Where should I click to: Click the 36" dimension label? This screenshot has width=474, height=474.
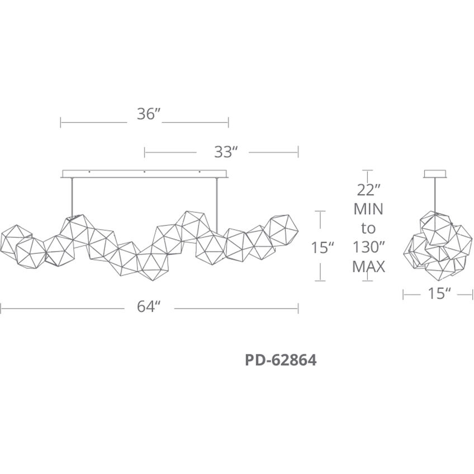point(149,114)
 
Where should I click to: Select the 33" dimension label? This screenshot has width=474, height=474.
point(226,151)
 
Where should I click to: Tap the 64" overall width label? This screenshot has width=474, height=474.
point(149,307)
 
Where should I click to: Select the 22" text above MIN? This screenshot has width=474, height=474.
point(368,190)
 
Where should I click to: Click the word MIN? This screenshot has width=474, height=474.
point(368,209)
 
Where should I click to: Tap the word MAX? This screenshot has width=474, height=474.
point(368,267)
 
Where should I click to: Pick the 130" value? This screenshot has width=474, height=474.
point(368,247)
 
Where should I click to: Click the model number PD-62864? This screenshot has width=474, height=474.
point(281,361)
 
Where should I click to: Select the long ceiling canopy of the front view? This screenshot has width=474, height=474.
point(145,173)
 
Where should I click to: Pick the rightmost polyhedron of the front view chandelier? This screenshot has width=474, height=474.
point(283,230)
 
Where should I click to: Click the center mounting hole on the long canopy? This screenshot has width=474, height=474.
point(145,172)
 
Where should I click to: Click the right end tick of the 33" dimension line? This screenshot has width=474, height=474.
point(298,151)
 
